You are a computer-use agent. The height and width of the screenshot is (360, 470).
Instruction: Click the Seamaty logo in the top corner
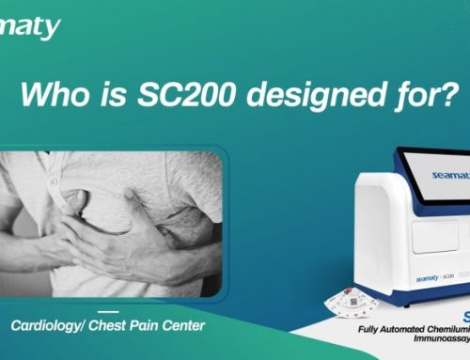30,27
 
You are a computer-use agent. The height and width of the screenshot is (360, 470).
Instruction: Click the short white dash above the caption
108,311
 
